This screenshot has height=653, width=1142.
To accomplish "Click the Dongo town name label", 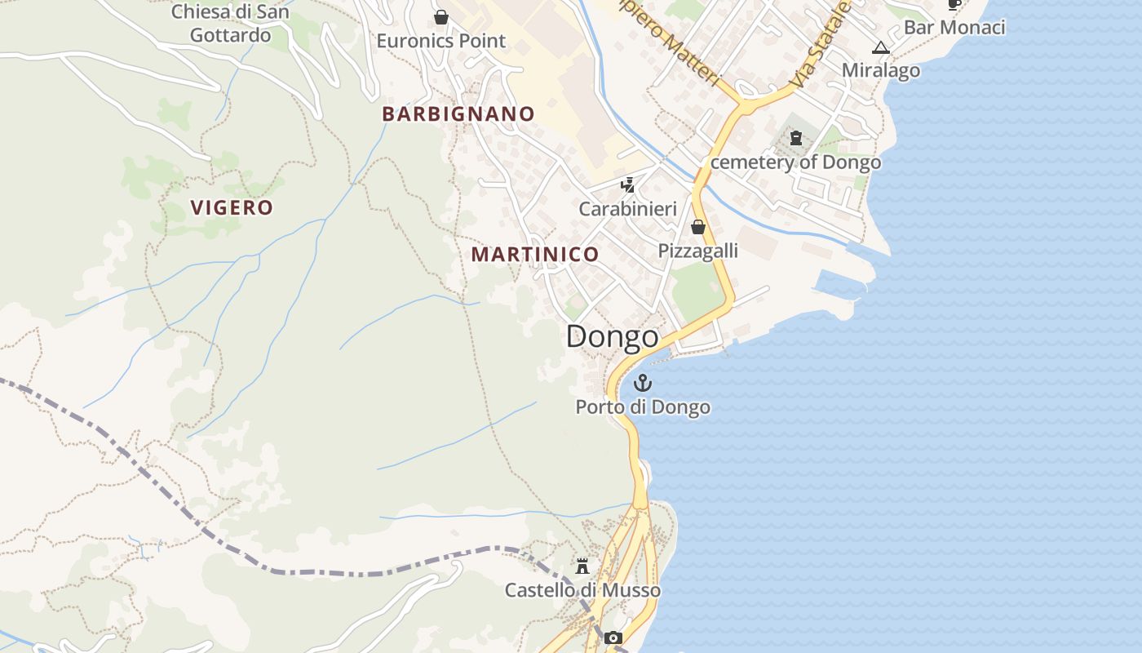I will point(612,336).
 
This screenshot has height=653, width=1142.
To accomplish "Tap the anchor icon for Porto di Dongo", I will point(643,383).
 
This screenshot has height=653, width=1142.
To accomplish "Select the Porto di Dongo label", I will point(643,406).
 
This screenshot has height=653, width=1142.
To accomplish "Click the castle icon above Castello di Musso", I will point(582,566).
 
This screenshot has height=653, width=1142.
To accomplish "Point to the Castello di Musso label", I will point(582,589).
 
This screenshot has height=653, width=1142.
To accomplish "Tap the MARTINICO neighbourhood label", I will point(535,255).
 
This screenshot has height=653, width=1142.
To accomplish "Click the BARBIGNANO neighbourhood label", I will point(458,114).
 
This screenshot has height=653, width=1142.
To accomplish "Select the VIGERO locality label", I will point(232,207).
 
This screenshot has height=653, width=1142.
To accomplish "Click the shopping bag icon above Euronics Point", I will point(441,17).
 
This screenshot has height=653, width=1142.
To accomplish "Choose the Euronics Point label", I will point(441,41).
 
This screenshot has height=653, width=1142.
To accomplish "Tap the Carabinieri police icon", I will point(627,185).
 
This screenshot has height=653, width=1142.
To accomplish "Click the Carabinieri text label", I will point(627,209).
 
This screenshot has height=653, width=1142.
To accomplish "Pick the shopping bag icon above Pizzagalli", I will point(698,227).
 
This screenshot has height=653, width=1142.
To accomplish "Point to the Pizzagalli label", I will point(698,251).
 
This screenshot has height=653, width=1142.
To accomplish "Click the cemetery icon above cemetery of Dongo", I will point(796,138).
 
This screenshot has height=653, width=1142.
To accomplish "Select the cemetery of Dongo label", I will point(796,162).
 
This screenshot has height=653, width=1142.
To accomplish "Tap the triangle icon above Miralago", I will point(880,47).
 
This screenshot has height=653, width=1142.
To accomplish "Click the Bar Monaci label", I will point(954,27).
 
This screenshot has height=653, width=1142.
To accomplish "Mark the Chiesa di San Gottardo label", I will point(230,24).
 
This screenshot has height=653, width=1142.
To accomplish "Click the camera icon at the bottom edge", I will point(613,637).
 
